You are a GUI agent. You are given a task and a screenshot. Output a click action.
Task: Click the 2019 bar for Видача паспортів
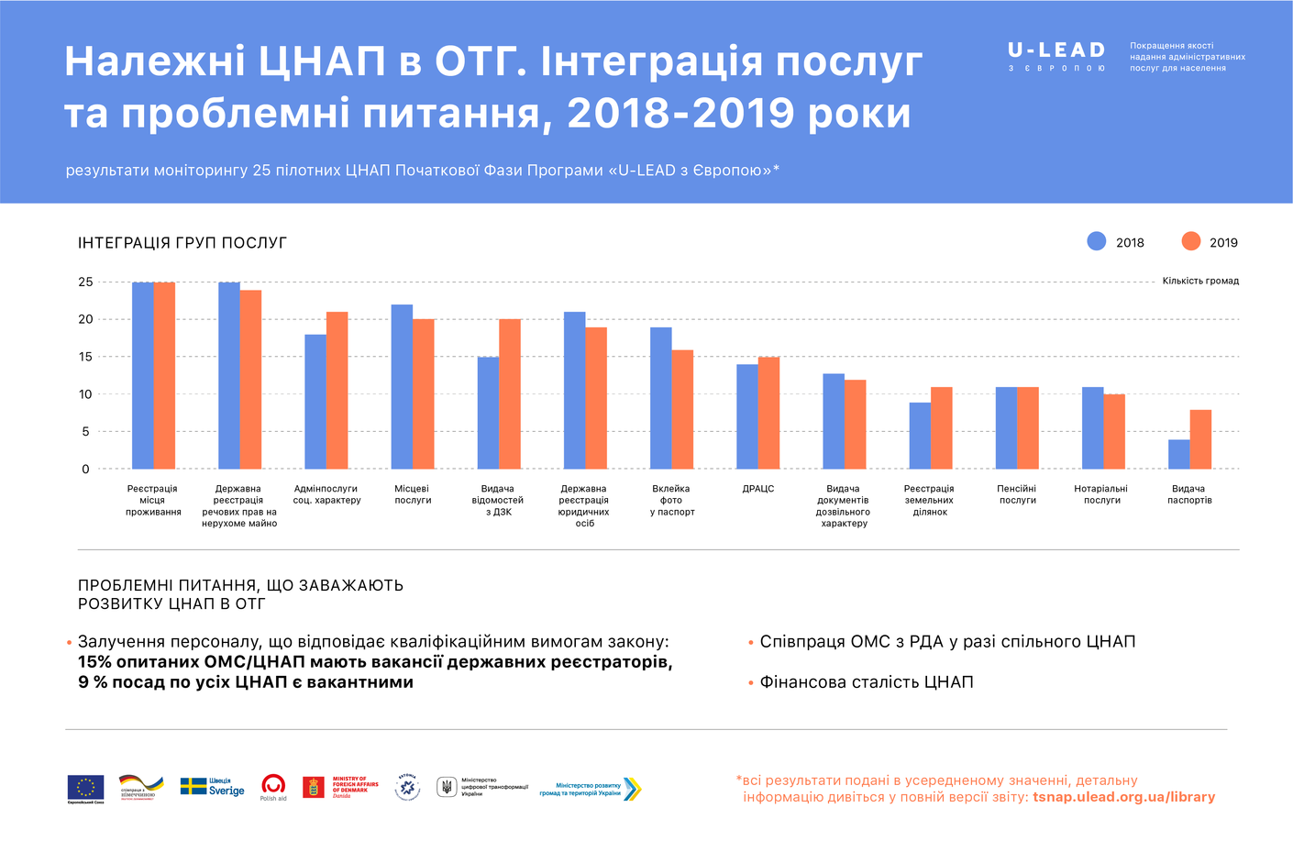[1200, 439]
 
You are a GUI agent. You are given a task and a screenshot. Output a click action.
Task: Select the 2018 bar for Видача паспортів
[1178, 454]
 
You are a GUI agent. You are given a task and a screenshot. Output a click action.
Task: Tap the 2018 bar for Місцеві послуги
[402, 386]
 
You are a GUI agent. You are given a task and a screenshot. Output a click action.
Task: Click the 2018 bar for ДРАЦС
[747, 416]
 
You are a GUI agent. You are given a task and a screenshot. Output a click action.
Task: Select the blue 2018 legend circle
[1097, 241]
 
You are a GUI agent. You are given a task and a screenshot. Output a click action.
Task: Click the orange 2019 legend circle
[1191, 241]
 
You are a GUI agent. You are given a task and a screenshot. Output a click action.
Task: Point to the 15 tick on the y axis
[85, 357]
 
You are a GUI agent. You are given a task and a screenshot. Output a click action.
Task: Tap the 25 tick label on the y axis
[85, 282]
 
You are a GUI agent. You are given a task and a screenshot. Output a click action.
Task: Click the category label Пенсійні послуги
[1017, 494]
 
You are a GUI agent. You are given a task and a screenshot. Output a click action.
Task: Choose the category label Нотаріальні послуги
[1101, 494]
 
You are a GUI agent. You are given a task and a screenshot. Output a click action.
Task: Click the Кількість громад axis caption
[1200, 281]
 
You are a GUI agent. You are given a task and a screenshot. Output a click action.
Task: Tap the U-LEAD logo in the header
[1056, 55]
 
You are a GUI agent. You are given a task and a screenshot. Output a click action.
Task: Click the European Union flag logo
[85, 788]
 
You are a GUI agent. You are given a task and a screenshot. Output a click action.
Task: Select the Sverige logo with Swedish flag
[212, 787]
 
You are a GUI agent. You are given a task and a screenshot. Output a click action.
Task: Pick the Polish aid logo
[273, 787]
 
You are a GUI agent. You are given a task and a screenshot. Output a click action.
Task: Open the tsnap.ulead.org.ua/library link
[1123, 797]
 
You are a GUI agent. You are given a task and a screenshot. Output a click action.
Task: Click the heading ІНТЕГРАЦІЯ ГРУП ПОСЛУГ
[182, 243]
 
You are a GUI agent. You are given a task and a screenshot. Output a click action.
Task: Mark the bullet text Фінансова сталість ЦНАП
[867, 682]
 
